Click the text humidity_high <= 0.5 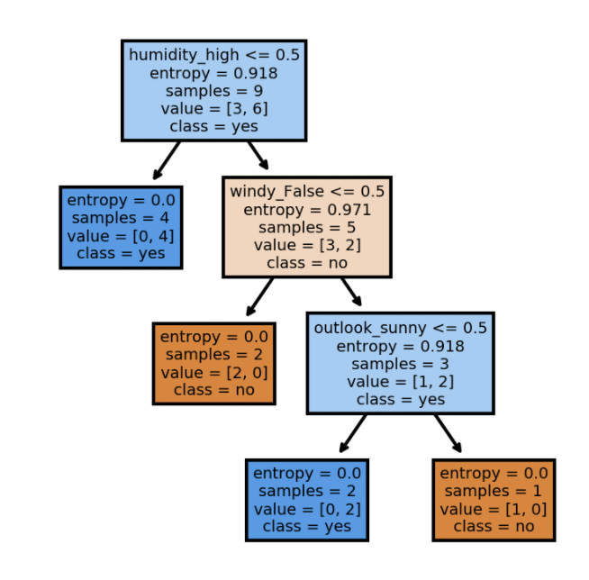tap(214, 55)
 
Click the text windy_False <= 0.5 tap(307, 191)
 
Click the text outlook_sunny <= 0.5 tap(400, 328)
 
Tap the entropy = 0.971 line tap(307, 209)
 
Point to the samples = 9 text tap(214, 91)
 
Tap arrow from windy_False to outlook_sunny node tap(350, 293)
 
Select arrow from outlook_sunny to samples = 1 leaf tap(448, 433)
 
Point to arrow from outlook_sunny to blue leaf tap(353, 433)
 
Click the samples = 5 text tap(307, 227)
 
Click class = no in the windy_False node tap(307, 263)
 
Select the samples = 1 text tap(493, 491)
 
